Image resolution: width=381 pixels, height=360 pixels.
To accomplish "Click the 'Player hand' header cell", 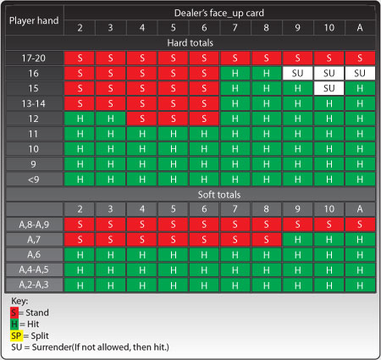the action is pos(34,20).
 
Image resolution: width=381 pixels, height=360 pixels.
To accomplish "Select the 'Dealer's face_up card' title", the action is pos(219,13).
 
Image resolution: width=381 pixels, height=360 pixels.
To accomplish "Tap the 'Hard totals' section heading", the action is pos(190,43).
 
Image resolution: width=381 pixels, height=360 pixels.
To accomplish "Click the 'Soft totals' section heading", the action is pos(219,195).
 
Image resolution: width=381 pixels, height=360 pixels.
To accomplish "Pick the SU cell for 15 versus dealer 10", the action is pos(329,88).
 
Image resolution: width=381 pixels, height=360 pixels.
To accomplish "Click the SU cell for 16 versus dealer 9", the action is pos(297,74).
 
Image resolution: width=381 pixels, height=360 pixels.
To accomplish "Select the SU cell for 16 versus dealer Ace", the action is pos(360,74).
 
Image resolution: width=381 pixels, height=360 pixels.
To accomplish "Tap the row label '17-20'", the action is pos(34,58).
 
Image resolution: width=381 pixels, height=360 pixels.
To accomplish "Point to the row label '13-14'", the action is pos(34,103).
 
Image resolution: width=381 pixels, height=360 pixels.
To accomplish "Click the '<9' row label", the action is pos(34,180).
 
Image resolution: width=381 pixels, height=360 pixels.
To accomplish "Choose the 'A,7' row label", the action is pos(34,240).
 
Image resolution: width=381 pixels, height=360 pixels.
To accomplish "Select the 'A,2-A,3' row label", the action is pos(34,285).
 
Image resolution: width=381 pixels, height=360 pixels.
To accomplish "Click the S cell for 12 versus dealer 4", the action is pos(142,119).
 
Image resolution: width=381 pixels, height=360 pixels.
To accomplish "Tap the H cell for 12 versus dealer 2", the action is pos(80,119).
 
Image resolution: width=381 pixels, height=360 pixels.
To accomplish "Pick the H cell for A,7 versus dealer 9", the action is pos(297,240).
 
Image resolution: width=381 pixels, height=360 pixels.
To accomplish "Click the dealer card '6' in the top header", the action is pos(204,28).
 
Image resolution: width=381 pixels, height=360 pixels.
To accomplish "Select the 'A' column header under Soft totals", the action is pos(360,209).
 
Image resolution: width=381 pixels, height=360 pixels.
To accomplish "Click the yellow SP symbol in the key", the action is pos(16,335).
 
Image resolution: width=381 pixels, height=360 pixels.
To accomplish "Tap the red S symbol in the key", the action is pos(14,313).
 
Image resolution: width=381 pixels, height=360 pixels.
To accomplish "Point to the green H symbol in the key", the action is pos(14,324).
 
